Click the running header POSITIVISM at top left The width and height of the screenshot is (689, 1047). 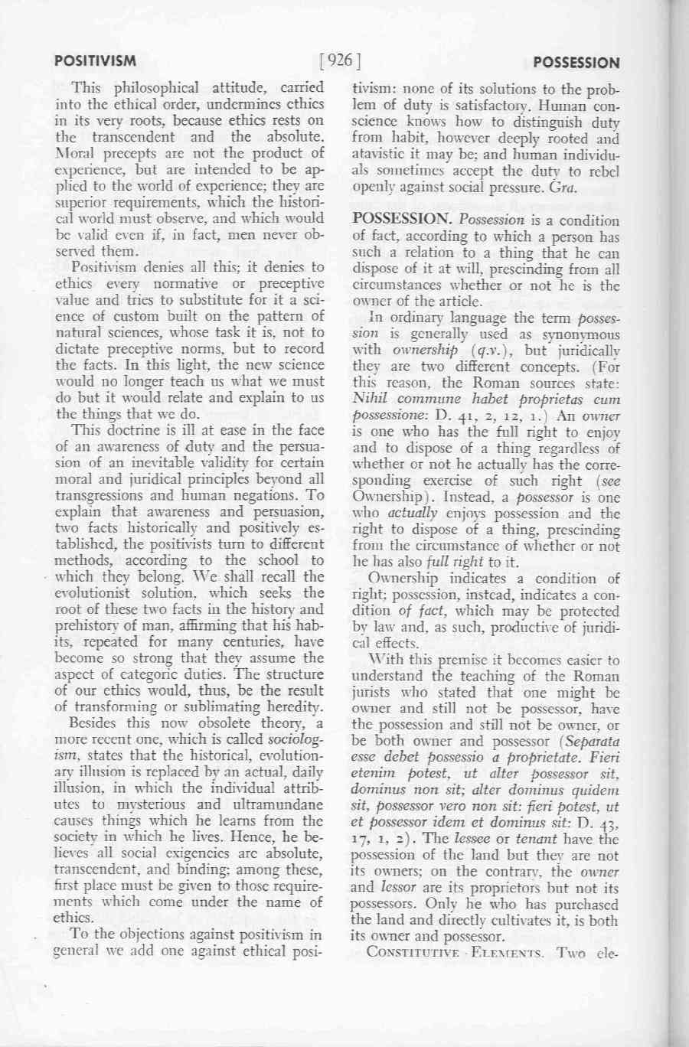click(96, 60)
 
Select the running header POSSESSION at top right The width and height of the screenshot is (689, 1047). click(576, 63)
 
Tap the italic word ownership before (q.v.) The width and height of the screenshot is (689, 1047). click(425, 351)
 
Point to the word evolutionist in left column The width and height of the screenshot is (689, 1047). click(90, 593)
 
